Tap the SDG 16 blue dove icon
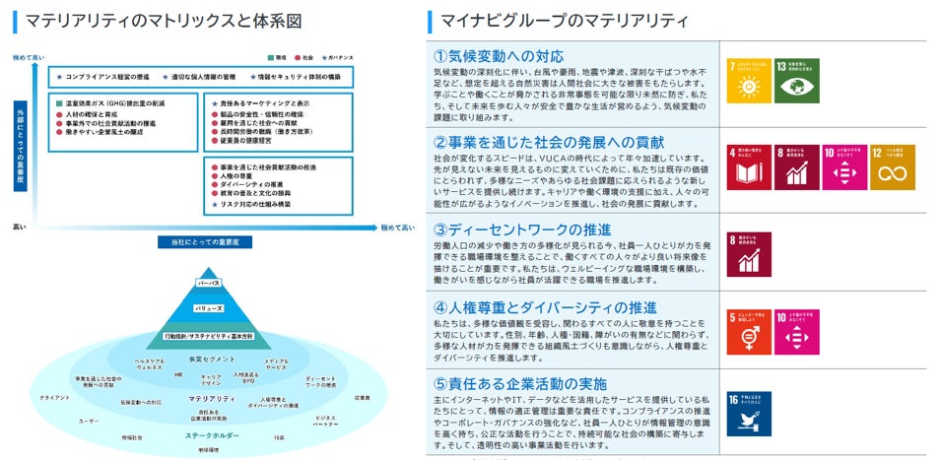click(746, 414)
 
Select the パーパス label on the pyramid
click(208, 282)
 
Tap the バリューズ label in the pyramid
click(208, 307)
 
